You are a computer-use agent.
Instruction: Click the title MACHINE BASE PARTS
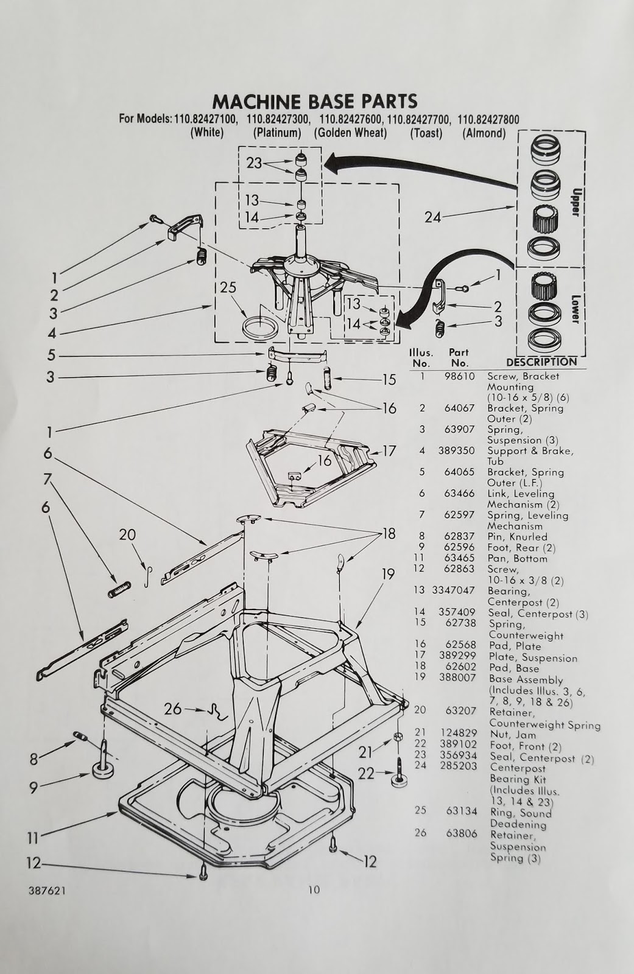[x=314, y=100]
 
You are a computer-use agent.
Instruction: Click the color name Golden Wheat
[x=350, y=133]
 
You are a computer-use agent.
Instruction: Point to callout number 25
[x=228, y=289]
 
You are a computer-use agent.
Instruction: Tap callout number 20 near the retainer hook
[x=127, y=535]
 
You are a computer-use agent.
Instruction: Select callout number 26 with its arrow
[x=174, y=709]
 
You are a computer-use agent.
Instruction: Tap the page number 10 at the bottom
[x=313, y=890]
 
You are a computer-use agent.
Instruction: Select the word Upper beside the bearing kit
[x=576, y=197]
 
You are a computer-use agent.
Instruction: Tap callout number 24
[x=433, y=216]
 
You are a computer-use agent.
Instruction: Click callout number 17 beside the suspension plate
[x=389, y=452]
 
